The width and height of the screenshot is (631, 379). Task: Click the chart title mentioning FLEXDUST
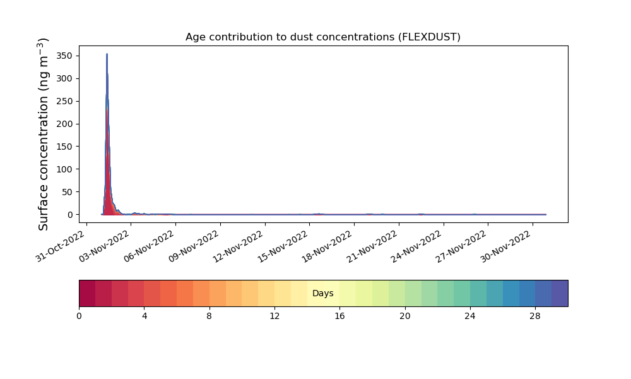click(x=322, y=37)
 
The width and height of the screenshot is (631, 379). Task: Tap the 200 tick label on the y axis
click(x=64, y=124)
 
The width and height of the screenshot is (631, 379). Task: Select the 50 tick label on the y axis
click(x=67, y=192)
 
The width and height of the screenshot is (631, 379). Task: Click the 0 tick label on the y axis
click(x=70, y=215)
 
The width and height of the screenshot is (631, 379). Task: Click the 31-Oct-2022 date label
click(x=60, y=246)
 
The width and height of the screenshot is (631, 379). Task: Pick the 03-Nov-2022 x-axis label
click(x=104, y=246)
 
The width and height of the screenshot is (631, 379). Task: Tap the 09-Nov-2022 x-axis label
click(x=194, y=246)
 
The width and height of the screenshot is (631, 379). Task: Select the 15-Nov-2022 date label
click(x=283, y=246)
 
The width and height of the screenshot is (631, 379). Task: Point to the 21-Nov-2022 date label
click(x=372, y=246)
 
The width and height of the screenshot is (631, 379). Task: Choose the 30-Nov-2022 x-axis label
click(x=506, y=246)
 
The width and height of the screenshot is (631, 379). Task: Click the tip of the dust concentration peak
click(x=107, y=54)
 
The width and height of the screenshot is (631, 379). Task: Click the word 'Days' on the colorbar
click(x=322, y=293)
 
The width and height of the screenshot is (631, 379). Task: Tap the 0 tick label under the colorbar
click(x=79, y=316)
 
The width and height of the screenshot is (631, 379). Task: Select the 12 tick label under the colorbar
click(x=274, y=316)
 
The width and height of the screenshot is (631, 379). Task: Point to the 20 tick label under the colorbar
click(x=405, y=316)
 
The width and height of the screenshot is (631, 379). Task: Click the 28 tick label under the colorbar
click(x=535, y=316)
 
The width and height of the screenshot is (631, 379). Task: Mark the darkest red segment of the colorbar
click(x=87, y=293)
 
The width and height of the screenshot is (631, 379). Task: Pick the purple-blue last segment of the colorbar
click(x=560, y=293)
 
